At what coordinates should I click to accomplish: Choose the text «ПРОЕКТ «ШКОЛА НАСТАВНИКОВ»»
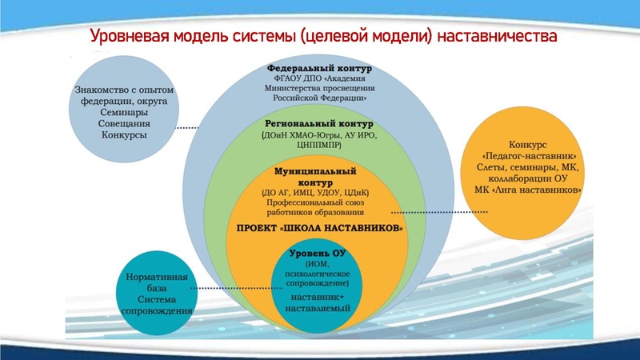point(319,228)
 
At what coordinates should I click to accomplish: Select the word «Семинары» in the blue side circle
point(123,114)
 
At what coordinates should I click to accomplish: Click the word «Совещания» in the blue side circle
point(123,125)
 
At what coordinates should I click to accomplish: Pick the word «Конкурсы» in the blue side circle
point(123,136)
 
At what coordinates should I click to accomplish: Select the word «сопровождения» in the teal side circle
point(157,310)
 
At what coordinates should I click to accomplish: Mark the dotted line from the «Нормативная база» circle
point(232,288)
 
